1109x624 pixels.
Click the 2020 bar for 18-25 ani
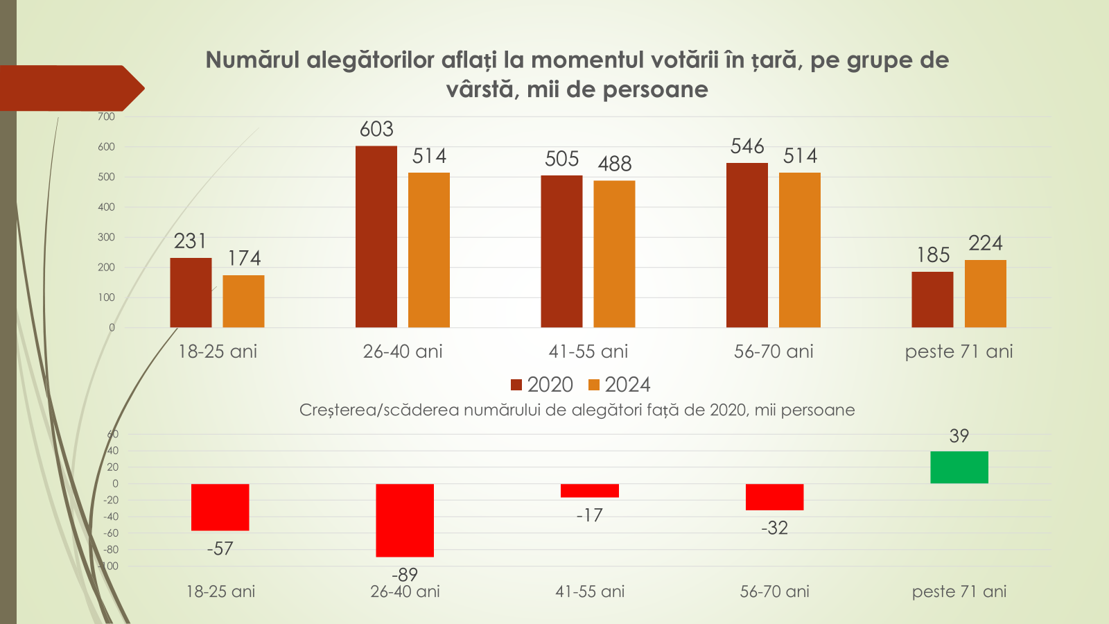(x=191, y=293)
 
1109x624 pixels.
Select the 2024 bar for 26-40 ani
(x=429, y=250)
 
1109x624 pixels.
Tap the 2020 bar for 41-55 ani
(x=561, y=251)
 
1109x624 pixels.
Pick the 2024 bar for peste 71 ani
(x=985, y=293)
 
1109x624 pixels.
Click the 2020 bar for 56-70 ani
(x=747, y=245)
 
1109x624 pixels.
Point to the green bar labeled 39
(x=959, y=467)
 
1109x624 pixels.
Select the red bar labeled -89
(x=405, y=520)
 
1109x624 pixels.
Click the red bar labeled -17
(x=590, y=490)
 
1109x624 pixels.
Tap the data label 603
(x=376, y=129)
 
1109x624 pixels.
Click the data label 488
(x=615, y=164)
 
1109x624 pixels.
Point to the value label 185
(x=933, y=255)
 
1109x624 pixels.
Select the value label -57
(x=220, y=548)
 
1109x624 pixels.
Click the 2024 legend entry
(x=619, y=385)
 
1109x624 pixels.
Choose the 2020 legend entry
(x=542, y=385)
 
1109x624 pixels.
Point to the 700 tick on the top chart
(x=106, y=116)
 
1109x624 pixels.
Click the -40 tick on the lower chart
(x=110, y=517)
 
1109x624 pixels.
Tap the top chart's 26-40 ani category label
(x=403, y=352)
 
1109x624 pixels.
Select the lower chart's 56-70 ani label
(x=774, y=591)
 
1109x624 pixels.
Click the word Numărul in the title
(x=252, y=60)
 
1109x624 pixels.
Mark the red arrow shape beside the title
(x=69, y=88)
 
